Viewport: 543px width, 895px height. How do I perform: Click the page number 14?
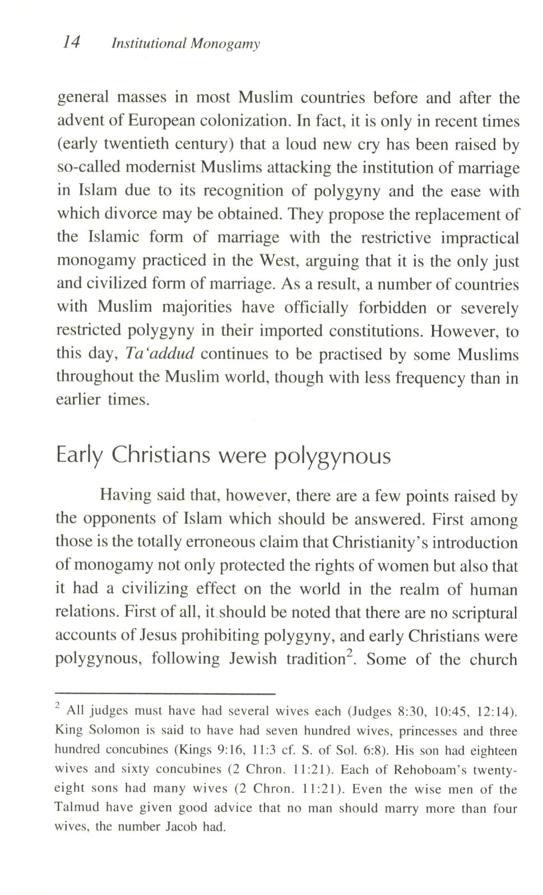(72, 42)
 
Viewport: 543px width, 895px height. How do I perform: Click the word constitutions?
(370, 331)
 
